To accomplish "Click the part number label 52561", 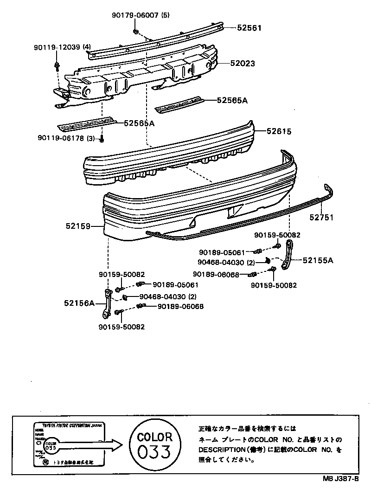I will pyautogui.click(x=249, y=28).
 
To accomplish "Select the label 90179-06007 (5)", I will pyautogui.click(x=141, y=15).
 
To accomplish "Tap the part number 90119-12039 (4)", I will pyautogui.click(x=62, y=47).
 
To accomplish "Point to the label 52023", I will pyautogui.click(x=243, y=63).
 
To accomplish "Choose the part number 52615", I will pyautogui.click(x=279, y=131).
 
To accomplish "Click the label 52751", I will pyautogui.click(x=322, y=217).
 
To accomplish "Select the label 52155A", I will pyautogui.click(x=318, y=260).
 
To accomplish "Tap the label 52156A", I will pyautogui.click(x=79, y=303).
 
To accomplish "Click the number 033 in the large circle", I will pyautogui.click(x=154, y=451).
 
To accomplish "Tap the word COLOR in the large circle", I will pyautogui.click(x=154, y=436).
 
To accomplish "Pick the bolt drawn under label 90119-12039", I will pyautogui.click(x=57, y=65).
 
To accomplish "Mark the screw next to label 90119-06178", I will pyautogui.click(x=102, y=139).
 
